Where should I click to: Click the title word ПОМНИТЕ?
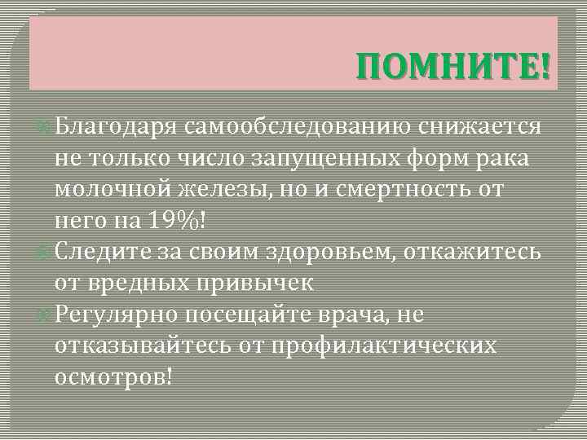coord(453,64)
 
